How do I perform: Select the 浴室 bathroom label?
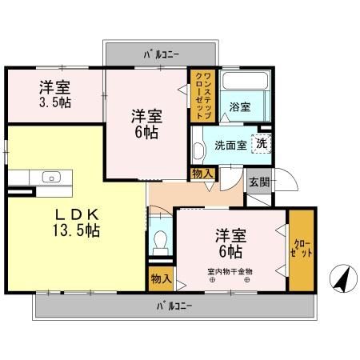pos(240,106)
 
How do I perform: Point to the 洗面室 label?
pos(230,146)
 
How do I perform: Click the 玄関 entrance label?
pos(258,182)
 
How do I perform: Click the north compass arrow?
pos(342,278)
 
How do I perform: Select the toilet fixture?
pos(160,242)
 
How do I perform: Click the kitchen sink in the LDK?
pos(54,177)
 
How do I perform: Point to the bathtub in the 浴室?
pos(244,83)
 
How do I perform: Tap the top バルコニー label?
pos(161,54)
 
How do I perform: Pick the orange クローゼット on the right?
pos(302,248)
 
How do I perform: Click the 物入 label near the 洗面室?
pos(202,174)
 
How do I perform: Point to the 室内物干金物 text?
pos(230,271)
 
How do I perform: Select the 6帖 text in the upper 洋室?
pos(146,133)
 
